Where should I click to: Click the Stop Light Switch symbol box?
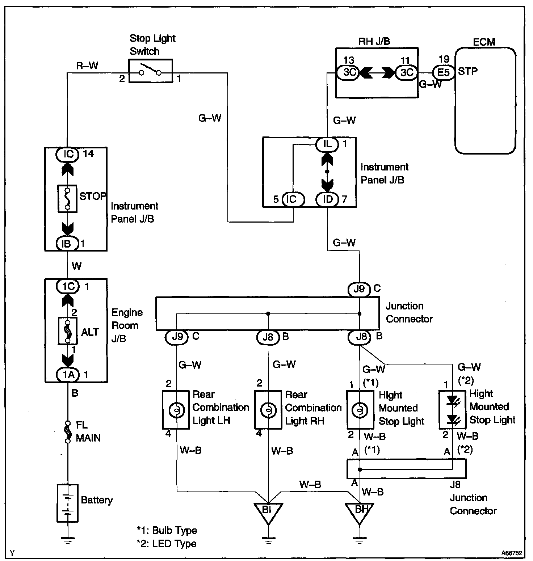coord(151,71)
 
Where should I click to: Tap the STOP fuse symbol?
coord(67,199)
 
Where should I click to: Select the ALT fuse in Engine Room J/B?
coord(68,331)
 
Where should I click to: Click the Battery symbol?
coord(67,503)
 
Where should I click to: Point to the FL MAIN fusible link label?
coord(88,431)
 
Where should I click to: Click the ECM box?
coord(485,101)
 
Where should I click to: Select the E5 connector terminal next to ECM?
coord(444,72)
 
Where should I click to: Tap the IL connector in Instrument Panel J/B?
coord(327,144)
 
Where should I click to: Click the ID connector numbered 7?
coord(328,199)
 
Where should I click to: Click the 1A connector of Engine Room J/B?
coord(68,375)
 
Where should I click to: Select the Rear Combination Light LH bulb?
coord(176,410)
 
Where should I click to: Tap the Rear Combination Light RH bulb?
coord(268,410)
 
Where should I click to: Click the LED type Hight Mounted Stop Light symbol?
coord(452,410)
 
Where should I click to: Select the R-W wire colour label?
coord(87,66)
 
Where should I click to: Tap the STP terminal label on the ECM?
coord(468,71)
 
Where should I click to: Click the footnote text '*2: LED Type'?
coord(167,544)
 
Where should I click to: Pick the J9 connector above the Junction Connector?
coord(359,289)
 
